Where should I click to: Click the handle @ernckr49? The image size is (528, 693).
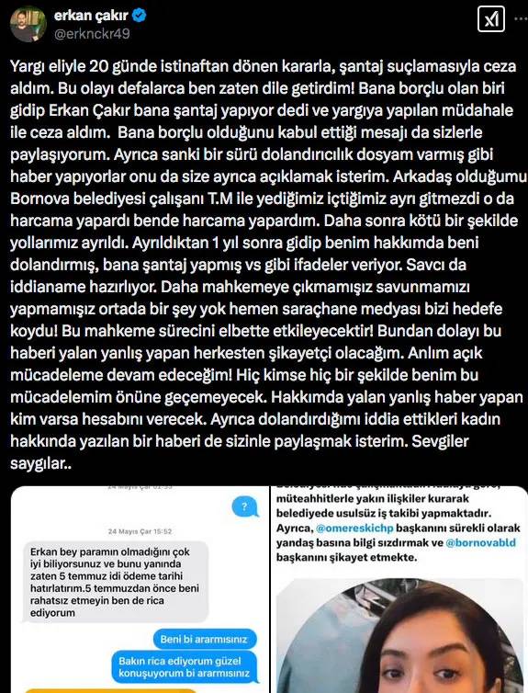point(93,35)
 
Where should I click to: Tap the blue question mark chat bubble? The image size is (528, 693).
point(242,506)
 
